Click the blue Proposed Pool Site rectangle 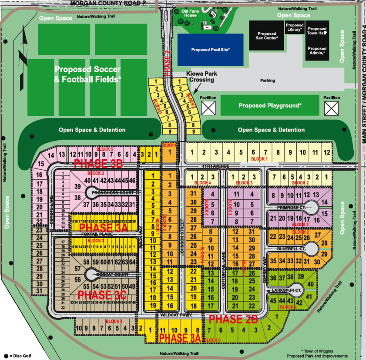point(210,50)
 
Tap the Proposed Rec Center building point(266,36)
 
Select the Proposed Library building point(295,28)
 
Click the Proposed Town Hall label point(317,31)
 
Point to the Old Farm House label point(190,13)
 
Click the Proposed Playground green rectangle point(270,105)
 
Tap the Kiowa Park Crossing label point(201,77)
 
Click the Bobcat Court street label point(113,275)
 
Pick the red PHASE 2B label point(233,319)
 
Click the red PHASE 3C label point(100,295)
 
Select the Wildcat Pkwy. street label point(176,314)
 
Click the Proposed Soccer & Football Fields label point(88,74)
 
